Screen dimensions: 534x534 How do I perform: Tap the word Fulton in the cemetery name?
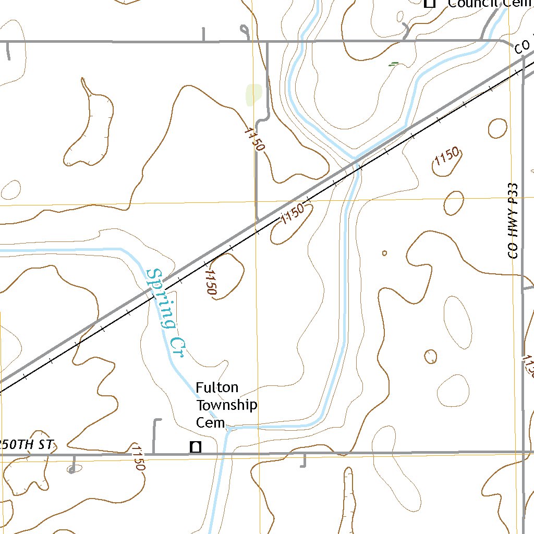[217, 387]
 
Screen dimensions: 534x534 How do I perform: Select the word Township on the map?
[226, 405]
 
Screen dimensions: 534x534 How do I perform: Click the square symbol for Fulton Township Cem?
[196, 447]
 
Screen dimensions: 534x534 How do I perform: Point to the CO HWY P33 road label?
[514, 220]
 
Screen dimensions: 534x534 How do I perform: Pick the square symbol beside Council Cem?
[430, 4]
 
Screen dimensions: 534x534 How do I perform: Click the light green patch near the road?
[253, 94]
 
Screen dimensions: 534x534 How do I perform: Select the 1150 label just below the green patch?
[254, 139]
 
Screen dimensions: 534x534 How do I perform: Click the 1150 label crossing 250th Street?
[138, 457]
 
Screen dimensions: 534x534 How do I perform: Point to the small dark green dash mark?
[394, 64]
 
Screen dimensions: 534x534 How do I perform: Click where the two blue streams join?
[354, 157]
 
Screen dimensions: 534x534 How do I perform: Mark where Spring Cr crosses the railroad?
[150, 292]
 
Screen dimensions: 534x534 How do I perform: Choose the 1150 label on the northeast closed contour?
[446, 156]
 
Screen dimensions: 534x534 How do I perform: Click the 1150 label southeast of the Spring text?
[211, 282]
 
